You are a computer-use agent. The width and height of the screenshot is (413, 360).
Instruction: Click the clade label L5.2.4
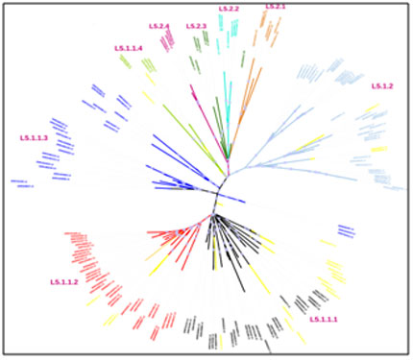158,26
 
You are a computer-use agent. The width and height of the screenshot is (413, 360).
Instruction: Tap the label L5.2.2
229,9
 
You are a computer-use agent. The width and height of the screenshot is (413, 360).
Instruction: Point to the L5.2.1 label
275,8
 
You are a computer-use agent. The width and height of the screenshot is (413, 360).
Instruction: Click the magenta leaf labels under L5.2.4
167,39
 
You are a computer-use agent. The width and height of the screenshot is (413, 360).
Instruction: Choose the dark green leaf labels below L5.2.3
199,42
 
